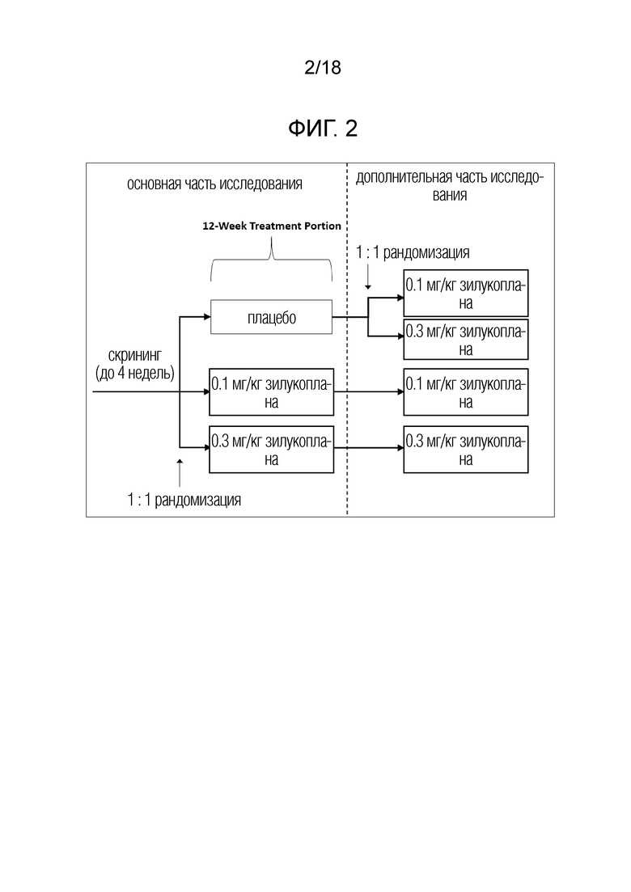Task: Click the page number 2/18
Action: (x=323, y=67)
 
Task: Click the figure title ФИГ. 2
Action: (x=323, y=129)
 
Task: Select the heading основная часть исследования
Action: (x=214, y=184)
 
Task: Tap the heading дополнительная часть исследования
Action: (x=450, y=186)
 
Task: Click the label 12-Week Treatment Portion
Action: (x=271, y=226)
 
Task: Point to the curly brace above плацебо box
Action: (x=271, y=260)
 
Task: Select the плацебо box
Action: (x=271, y=317)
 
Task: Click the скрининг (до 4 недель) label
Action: (x=135, y=364)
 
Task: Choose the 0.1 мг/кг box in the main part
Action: (x=271, y=392)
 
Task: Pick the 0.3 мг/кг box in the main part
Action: (x=271, y=450)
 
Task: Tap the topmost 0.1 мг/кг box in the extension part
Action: (x=466, y=293)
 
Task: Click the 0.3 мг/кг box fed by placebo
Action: (x=466, y=340)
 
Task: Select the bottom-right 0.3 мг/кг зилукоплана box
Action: (x=466, y=450)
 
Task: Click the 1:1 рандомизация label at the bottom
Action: (x=184, y=500)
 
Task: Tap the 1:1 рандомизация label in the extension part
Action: (x=413, y=252)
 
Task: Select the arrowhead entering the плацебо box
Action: (x=207, y=317)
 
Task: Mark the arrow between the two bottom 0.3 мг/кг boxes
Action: (x=369, y=448)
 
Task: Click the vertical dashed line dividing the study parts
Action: (x=347, y=340)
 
